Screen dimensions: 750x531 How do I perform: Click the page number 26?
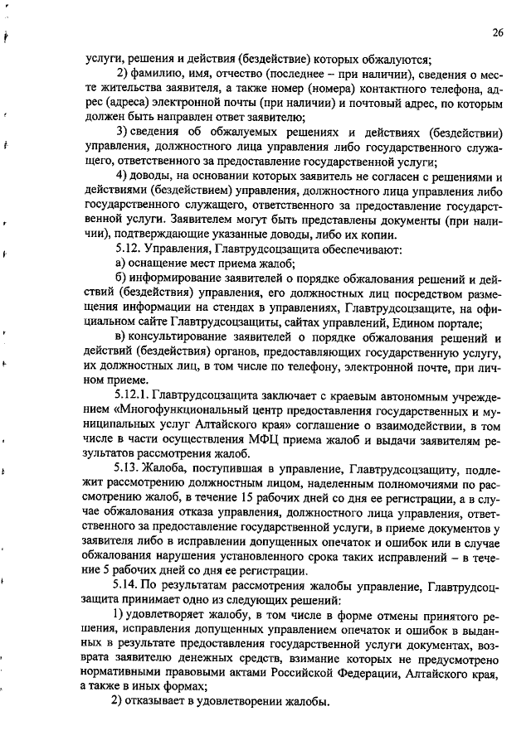pos(497,33)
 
